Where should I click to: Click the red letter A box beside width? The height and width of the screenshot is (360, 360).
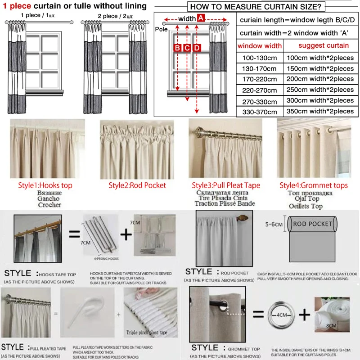[201, 18]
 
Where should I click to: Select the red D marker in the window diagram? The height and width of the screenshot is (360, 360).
[197, 48]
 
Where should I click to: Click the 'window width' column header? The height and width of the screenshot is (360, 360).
[260, 45]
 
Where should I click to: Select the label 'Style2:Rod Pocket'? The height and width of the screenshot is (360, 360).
[137, 185]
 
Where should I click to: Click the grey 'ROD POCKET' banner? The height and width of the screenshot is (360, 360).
[313, 224]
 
